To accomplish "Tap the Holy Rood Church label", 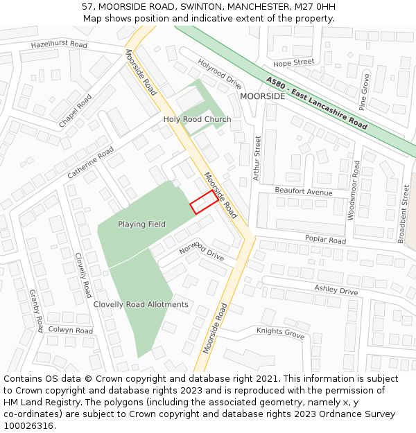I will pos(197,120).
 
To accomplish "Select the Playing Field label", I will pos(141,224).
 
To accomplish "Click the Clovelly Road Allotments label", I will pos(141,305).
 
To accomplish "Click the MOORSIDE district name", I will pos(262,97).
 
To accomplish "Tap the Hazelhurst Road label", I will pos(59,45).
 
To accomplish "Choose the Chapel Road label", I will pos(75,111).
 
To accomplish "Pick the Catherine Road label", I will pos(90,163).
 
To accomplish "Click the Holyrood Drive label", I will pos(219,73).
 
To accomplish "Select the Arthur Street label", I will pos(257,158).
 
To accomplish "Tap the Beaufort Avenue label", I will pos(304,191).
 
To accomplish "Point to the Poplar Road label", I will pos(325,240).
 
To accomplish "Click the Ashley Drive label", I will pos(336,290).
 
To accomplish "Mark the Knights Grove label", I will pos(280,333).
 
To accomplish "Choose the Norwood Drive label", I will pos(202,251).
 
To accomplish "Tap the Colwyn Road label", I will pos(70,330).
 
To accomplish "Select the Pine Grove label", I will pos(365,91).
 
